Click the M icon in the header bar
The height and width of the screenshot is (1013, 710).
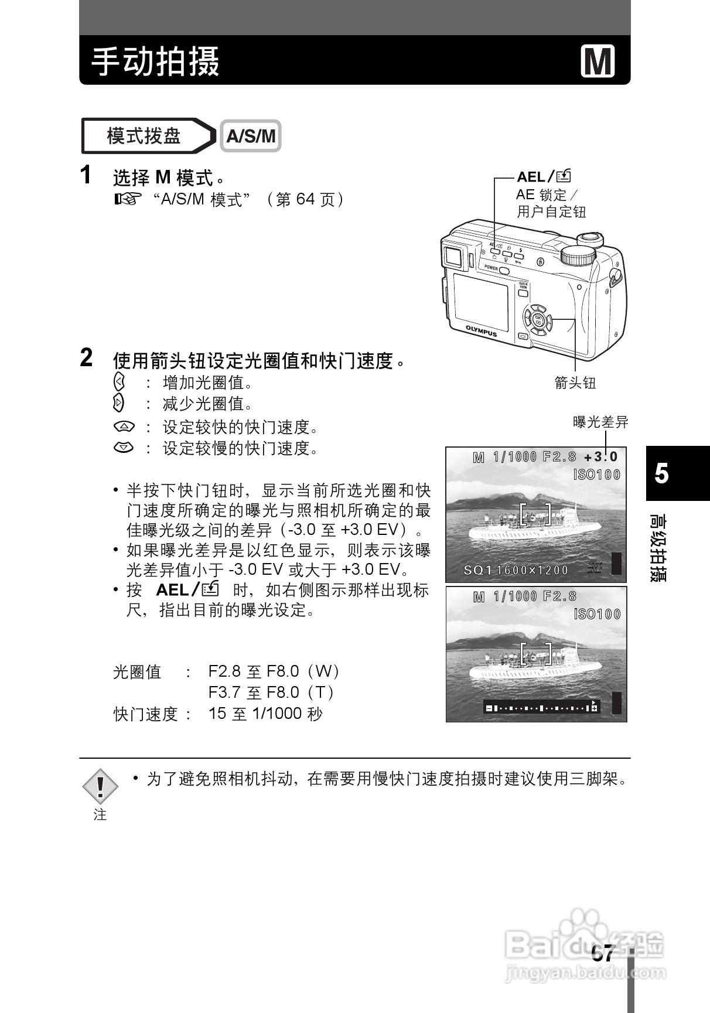[x=598, y=61]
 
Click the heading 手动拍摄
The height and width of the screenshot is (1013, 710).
[x=156, y=62]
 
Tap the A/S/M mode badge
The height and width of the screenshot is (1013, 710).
[x=251, y=136]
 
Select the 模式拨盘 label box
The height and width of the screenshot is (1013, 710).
[x=144, y=136]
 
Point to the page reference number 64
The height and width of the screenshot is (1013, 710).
[x=305, y=200]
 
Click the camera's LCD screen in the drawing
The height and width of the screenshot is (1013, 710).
[x=481, y=302]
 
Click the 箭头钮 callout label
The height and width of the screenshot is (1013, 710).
[x=575, y=383]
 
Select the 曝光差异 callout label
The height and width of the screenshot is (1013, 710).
[x=600, y=421]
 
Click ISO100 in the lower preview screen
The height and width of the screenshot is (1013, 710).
[x=596, y=614]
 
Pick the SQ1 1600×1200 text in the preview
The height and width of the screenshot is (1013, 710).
[x=516, y=570]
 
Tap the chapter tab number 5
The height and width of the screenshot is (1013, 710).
[x=661, y=473]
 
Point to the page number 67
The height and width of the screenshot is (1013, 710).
[x=602, y=954]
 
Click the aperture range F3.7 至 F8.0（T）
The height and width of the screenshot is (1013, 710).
[x=272, y=693]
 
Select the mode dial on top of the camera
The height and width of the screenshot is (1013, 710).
[x=578, y=255]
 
